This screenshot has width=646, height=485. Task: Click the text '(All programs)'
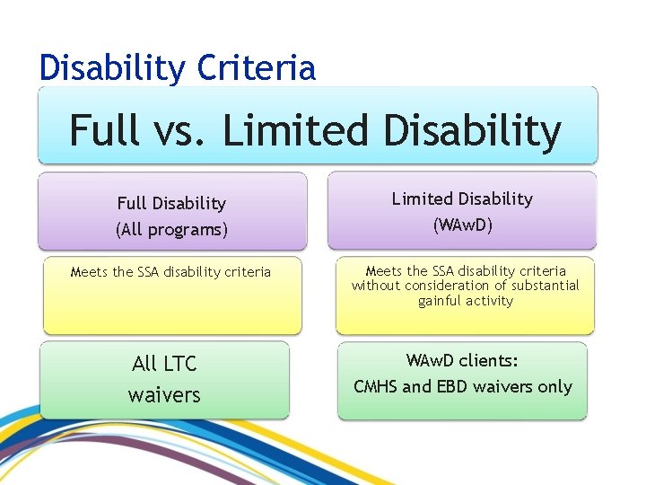171,230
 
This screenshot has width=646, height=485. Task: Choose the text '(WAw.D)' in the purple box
462,225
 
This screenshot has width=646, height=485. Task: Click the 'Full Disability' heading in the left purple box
171,204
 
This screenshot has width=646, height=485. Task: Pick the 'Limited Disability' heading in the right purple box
462,198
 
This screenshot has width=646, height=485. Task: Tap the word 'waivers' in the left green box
164,395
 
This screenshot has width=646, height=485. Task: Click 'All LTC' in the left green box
164,364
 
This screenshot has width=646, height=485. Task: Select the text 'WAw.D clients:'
462,361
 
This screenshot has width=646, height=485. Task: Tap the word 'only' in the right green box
554,387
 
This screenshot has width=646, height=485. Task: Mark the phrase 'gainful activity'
465,301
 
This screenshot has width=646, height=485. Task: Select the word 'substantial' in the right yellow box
542,286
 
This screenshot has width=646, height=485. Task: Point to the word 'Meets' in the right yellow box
384,270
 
